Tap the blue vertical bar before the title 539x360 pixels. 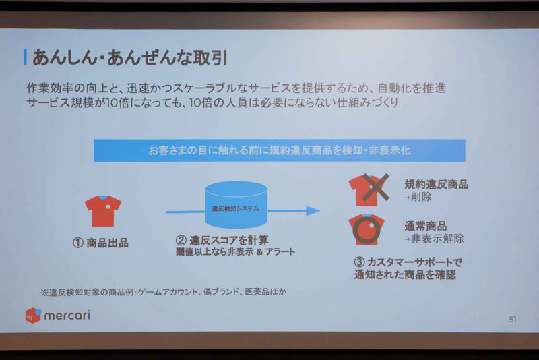[25, 56]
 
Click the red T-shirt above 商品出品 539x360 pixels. [103, 210]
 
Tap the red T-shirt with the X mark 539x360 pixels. [369, 189]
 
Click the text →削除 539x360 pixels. [418, 197]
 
